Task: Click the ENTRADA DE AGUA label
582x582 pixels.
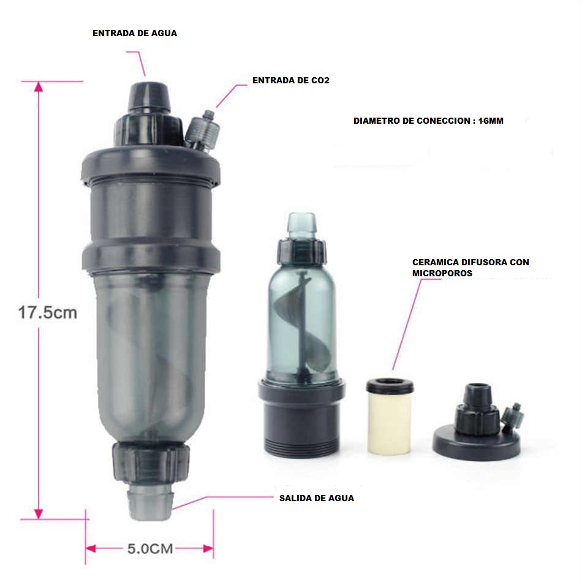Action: (135, 34)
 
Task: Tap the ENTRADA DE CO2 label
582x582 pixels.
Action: (291, 80)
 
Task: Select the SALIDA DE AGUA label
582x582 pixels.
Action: (317, 498)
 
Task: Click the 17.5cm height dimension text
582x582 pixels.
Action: (48, 312)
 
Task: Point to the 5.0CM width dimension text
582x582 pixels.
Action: (150, 548)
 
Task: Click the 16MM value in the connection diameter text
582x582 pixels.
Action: (491, 121)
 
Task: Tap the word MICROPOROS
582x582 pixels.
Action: (442, 273)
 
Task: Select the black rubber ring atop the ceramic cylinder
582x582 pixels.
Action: (390, 386)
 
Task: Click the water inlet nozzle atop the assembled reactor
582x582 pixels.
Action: (149, 97)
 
